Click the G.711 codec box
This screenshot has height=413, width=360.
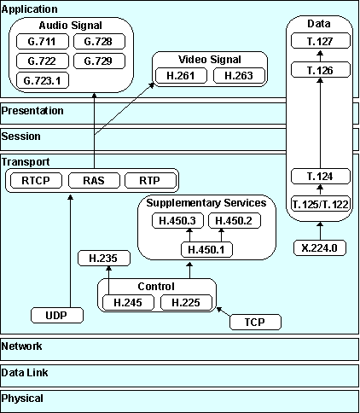coord(41,41)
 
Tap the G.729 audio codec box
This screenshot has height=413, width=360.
coord(98,61)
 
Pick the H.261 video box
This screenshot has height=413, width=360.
coord(180,76)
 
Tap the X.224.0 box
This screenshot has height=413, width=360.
coord(318,249)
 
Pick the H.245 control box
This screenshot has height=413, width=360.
coord(127,301)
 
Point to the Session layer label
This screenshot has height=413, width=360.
coord(21,136)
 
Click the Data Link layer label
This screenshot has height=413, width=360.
coord(25,372)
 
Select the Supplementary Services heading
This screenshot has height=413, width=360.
coord(206,203)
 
